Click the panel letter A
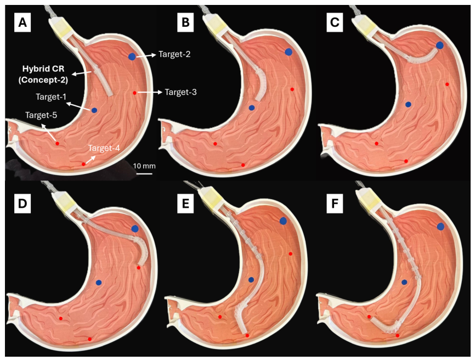(x=22, y=22)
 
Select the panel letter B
(x=185, y=22)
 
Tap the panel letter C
(x=335, y=22)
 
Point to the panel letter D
(x=22, y=204)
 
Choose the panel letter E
(x=185, y=204)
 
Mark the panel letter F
(x=335, y=204)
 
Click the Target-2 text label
(x=174, y=54)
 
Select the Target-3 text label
(x=181, y=92)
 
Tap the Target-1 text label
(x=51, y=97)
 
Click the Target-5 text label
(x=41, y=115)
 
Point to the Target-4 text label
(x=104, y=148)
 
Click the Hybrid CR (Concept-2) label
(x=44, y=75)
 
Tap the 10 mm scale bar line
(x=144, y=174)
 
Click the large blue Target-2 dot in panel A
(x=132, y=57)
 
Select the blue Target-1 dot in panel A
(x=94, y=111)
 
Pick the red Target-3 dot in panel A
(x=134, y=93)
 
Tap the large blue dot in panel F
(x=440, y=226)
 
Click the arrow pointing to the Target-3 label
(x=149, y=92)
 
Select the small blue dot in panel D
(x=98, y=283)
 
